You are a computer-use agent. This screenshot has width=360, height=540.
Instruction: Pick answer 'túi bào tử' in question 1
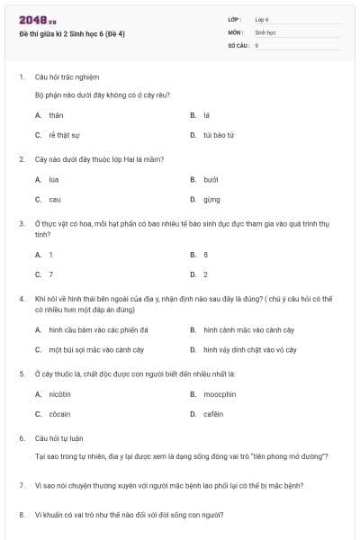click(219, 135)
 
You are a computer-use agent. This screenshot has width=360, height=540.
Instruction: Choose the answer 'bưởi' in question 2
click(211, 179)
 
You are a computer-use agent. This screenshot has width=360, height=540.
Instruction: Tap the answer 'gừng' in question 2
click(211, 199)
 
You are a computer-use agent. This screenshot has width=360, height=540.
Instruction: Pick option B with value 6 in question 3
click(206, 255)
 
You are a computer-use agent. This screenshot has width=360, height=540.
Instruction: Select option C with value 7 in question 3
click(51, 274)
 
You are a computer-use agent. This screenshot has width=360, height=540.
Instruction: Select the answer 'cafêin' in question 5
click(215, 414)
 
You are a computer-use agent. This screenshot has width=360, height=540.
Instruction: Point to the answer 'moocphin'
click(219, 394)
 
